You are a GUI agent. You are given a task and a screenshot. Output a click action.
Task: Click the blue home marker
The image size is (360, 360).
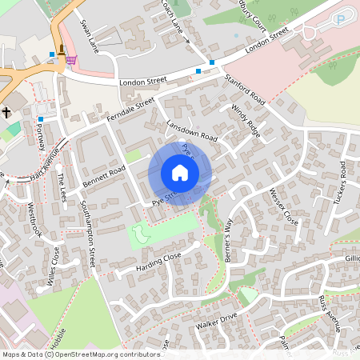coord(180,173)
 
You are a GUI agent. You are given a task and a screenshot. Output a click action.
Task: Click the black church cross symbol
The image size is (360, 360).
coord(6,113)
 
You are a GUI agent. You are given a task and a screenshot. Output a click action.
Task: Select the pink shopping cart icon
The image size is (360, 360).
coord(72,60)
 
